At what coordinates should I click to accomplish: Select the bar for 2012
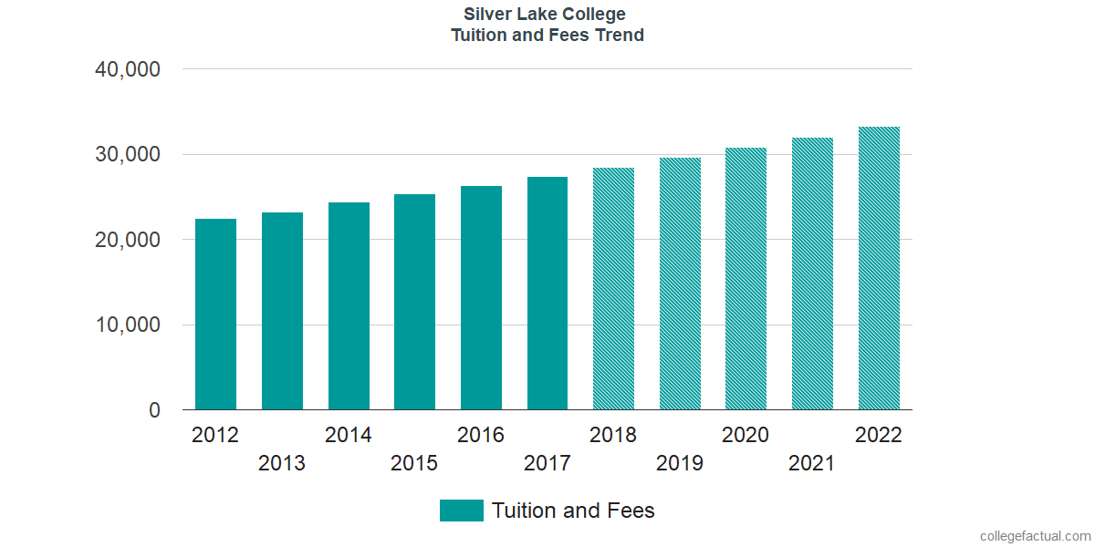tap(215, 315)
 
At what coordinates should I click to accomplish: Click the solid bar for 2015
tap(414, 302)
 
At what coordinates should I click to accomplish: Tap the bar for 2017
tap(547, 294)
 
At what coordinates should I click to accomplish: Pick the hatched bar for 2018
tap(613, 289)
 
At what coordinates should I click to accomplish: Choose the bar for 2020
tap(746, 279)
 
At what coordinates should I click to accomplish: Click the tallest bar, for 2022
tap(879, 268)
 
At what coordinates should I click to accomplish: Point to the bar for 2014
tap(349, 306)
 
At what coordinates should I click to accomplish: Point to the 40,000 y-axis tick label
tap(128, 69)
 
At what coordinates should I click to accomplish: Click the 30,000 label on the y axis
tap(128, 155)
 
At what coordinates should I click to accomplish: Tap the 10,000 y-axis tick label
tap(128, 325)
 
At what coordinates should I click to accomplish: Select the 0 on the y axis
tap(154, 411)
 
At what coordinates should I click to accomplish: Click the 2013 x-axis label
tap(282, 464)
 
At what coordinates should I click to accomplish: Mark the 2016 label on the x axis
tap(481, 435)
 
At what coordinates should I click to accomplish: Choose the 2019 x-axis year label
tap(680, 464)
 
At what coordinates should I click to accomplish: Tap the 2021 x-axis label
tap(812, 464)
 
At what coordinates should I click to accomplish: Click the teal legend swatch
tap(461, 511)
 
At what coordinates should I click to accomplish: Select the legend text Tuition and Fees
tap(573, 511)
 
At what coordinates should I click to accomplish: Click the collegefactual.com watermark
tap(1034, 535)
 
